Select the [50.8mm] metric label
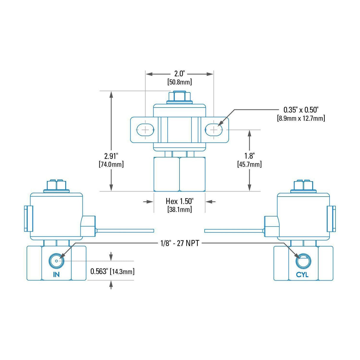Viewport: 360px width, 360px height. [179, 82]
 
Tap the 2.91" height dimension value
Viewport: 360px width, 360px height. [111, 156]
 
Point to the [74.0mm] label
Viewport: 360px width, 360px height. [111, 164]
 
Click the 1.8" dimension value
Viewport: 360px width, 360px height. [249, 156]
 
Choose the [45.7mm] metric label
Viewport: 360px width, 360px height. [249, 164]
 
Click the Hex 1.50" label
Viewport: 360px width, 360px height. [179, 201]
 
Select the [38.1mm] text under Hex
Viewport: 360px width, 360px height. [179, 209]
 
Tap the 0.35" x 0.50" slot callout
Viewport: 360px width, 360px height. [301, 110]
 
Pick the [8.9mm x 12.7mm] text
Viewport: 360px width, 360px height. [301, 118]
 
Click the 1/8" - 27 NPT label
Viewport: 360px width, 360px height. [179, 243]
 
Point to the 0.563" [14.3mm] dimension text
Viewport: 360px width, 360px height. [112, 271]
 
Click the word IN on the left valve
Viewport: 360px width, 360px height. [56, 275]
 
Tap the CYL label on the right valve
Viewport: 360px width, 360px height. [302, 275]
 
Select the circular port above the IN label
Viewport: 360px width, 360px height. [56, 261]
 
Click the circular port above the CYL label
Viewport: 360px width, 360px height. [303, 261]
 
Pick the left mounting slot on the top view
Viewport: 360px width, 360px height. [145, 129]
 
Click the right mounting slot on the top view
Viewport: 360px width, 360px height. [214, 129]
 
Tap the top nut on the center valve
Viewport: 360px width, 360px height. [179, 96]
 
